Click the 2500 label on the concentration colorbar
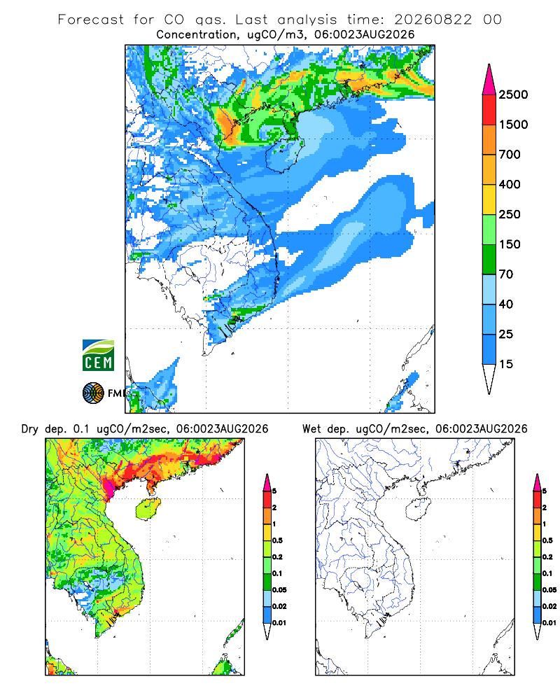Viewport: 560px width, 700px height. coord(513,94)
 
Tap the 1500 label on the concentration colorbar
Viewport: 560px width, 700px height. coord(513,125)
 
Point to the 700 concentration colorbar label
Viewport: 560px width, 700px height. coord(510,155)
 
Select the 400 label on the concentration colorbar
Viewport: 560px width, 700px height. coord(510,184)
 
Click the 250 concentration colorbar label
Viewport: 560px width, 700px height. coord(510,214)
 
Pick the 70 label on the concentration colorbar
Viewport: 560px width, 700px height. coord(506,274)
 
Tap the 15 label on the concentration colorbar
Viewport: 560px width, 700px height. coord(506,364)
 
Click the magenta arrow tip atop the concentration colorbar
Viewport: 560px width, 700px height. coord(489,64)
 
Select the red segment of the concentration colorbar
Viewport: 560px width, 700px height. coord(489,110)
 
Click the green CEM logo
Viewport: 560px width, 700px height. coord(98,355)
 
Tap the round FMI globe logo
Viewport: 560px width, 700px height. coord(93,393)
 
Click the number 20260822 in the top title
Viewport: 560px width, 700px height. coord(433,20)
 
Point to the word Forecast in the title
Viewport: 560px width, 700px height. coord(91,20)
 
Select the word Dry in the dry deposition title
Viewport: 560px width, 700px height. coord(30,429)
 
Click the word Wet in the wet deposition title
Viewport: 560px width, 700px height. coord(311,429)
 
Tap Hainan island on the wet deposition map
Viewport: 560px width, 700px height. coord(419,510)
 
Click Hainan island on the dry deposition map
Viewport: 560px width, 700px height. coord(148,510)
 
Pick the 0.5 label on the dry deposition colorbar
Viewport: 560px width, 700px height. coord(277,540)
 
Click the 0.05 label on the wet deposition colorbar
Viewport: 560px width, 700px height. coord(549,590)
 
